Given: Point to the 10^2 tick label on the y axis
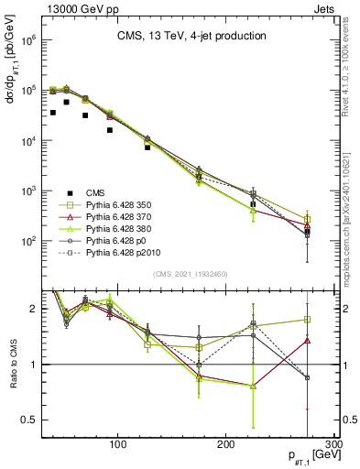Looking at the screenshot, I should tap(24, 241).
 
